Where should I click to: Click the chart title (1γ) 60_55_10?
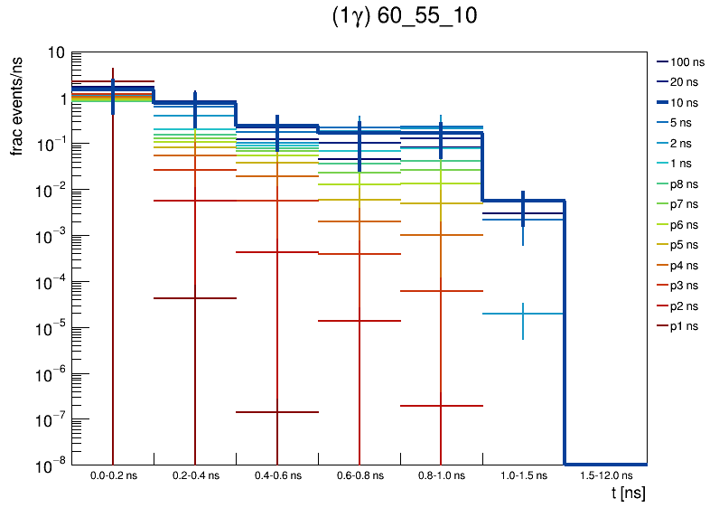(x=405, y=17)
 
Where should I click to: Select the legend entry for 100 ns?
(x=686, y=62)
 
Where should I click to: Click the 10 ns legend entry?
(x=684, y=102)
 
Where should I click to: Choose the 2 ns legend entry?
(x=684, y=143)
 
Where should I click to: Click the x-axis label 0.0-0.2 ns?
(x=113, y=475)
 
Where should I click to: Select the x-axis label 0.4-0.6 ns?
(x=277, y=475)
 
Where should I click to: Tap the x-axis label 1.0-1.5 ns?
(x=523, y=475)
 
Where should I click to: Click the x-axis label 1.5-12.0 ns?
(x=605, y=475)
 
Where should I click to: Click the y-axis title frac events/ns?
(x=17, y=104)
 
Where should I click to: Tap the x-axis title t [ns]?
(x=628, y=493)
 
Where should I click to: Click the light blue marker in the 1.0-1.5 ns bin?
(x=523, y=314)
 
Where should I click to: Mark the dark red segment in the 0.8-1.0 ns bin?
(x=441, y=406)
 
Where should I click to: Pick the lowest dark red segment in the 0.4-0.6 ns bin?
(x=277, y=412)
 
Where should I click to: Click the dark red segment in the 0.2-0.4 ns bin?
(x=195, y=297)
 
